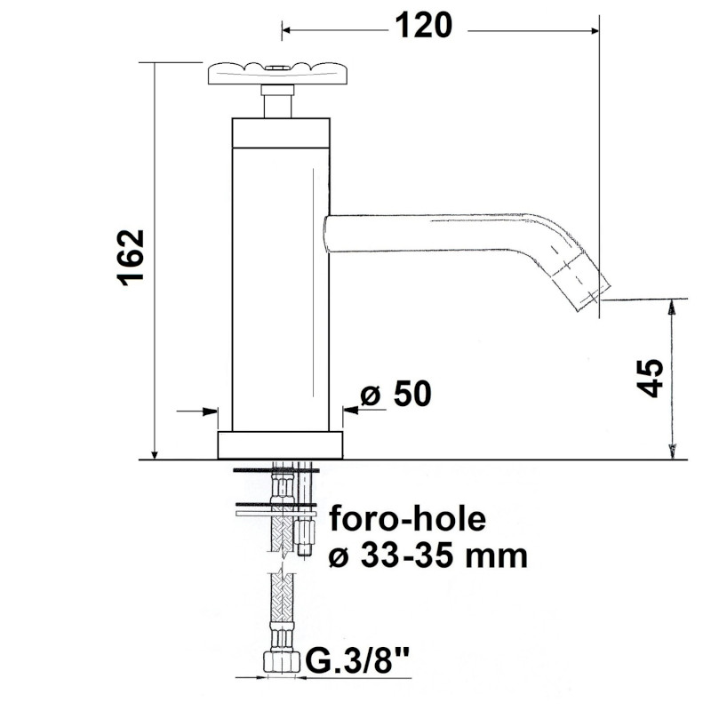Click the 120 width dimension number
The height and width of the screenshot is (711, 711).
pos(424,26)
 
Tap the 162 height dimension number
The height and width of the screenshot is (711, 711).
pos(132,258)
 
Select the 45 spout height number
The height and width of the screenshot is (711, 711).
pos(650,379)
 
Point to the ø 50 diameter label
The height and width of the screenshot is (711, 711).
pos(395,393)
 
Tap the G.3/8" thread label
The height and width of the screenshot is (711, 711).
pos(357,660)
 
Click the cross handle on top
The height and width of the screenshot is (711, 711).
pos(278,74)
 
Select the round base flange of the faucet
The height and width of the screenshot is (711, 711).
pos(280,445)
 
